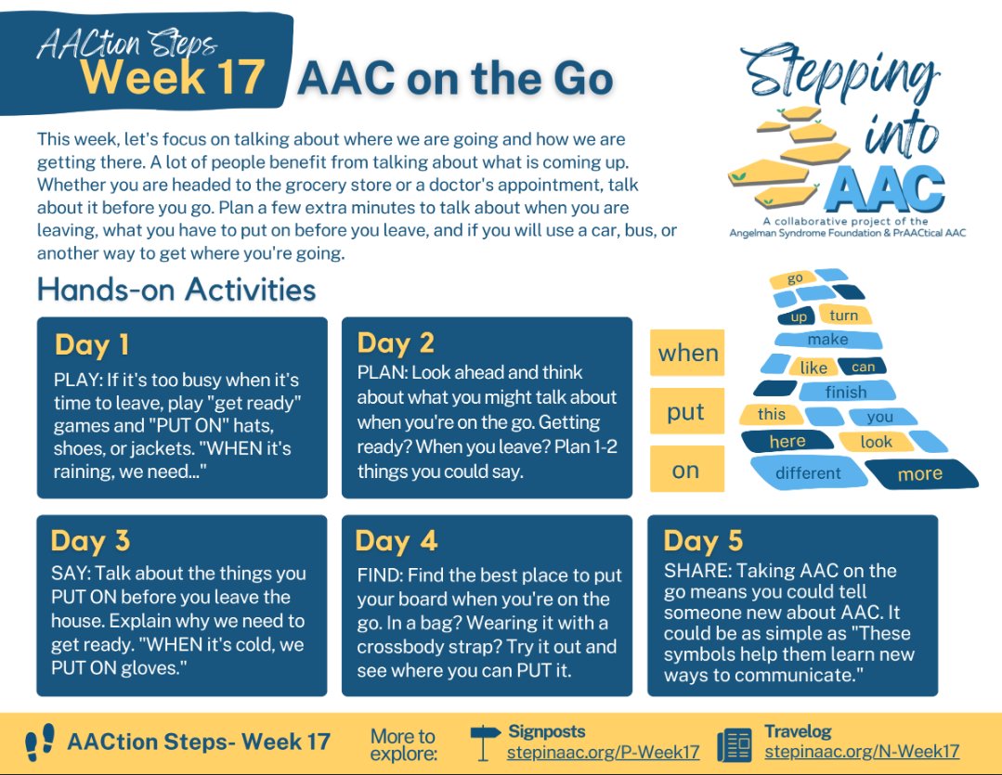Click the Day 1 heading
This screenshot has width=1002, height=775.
[x=92, y=345]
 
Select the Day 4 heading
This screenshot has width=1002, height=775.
[x=397, y=541]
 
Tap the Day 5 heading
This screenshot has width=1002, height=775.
[x=703, y=541]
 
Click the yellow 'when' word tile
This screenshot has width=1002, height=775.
[x=687, y=353]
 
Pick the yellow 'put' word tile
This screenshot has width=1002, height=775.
[x=686, y=412]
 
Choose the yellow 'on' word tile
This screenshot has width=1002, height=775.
[x=686, y=471]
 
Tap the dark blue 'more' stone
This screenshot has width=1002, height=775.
[x=919, y=474]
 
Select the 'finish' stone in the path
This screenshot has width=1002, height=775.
[x=845, y=392]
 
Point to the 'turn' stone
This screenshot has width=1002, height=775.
[x=843, y=316]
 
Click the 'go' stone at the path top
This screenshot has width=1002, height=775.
[x=795, y=278]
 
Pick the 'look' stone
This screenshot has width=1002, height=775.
[x=875, y=442]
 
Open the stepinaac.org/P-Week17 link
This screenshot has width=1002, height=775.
[x=603, y=751]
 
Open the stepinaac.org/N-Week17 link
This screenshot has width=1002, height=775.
[x=862, y=751]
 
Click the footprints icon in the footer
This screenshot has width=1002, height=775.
[x=40, y=743]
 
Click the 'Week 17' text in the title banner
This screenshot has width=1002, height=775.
[x=173, y=77]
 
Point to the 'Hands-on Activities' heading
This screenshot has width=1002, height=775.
[x=176, y=290]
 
